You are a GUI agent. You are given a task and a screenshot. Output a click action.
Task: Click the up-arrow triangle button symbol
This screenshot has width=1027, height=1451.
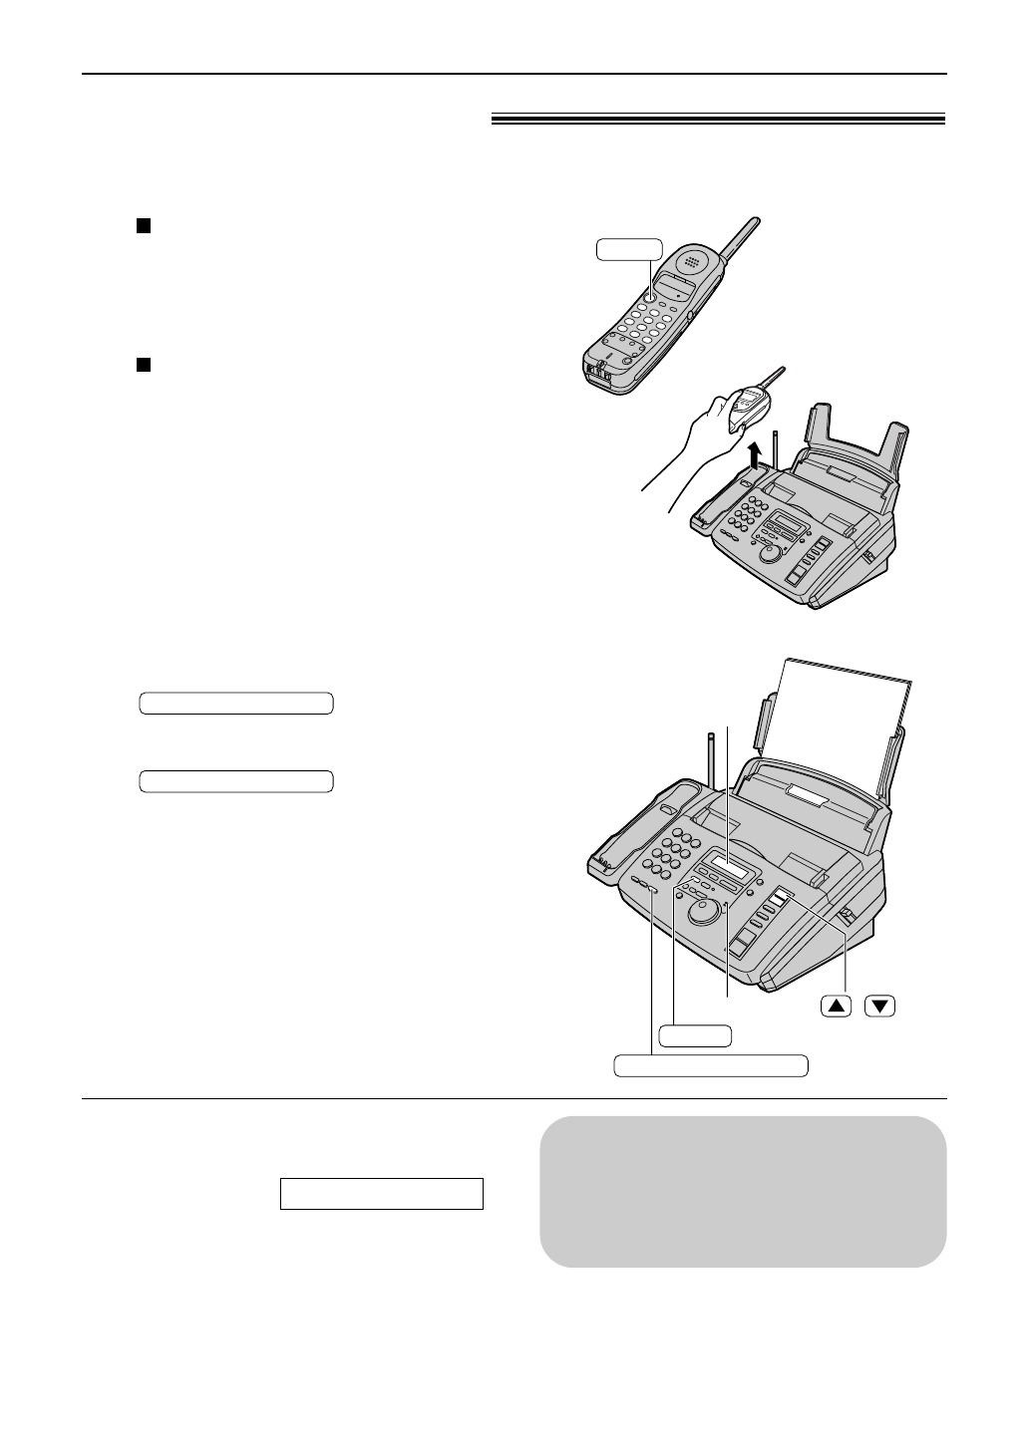(837, 1007)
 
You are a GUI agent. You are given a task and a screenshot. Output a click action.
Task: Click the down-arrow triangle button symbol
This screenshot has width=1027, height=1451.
(879, 1007)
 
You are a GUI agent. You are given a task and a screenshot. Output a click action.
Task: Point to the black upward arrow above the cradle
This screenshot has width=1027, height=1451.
(755, 454)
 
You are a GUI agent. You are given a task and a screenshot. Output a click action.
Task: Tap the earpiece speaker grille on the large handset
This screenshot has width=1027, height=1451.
(691, 256)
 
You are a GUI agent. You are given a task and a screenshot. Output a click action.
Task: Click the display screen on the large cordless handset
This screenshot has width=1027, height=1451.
(679, 289)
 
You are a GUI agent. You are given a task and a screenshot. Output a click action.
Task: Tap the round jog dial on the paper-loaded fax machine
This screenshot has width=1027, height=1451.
(707, 909)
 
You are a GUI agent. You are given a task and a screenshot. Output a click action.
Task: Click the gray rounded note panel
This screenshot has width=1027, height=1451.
(743, 1191)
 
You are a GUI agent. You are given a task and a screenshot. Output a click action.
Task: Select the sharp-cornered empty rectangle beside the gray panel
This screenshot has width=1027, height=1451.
(382, 1193)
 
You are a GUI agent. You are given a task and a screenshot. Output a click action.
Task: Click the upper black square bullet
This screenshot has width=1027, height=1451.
(143, 226)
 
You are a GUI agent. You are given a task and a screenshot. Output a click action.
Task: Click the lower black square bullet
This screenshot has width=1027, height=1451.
(143, 366)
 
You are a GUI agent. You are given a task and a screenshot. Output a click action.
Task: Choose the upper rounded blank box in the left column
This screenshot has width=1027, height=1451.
(235, 704)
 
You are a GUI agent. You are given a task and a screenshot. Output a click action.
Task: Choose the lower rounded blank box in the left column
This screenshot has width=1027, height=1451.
(235, 780)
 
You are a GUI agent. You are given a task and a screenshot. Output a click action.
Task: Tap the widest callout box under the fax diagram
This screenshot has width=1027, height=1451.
(710, 1065)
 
